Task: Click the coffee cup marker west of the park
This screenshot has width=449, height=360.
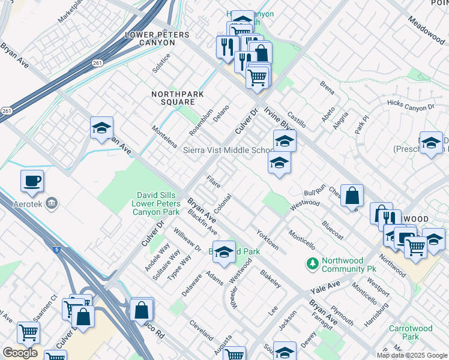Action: point(32,181)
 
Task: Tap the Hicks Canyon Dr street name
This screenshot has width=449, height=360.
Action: point(411,107)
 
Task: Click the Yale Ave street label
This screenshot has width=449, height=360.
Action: point(325,286)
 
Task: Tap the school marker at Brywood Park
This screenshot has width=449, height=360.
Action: point(224,253)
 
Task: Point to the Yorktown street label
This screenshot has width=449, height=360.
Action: point(267,239)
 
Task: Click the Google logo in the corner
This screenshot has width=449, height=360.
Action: point(20,353)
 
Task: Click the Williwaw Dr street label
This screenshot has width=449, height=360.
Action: point(187,239)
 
